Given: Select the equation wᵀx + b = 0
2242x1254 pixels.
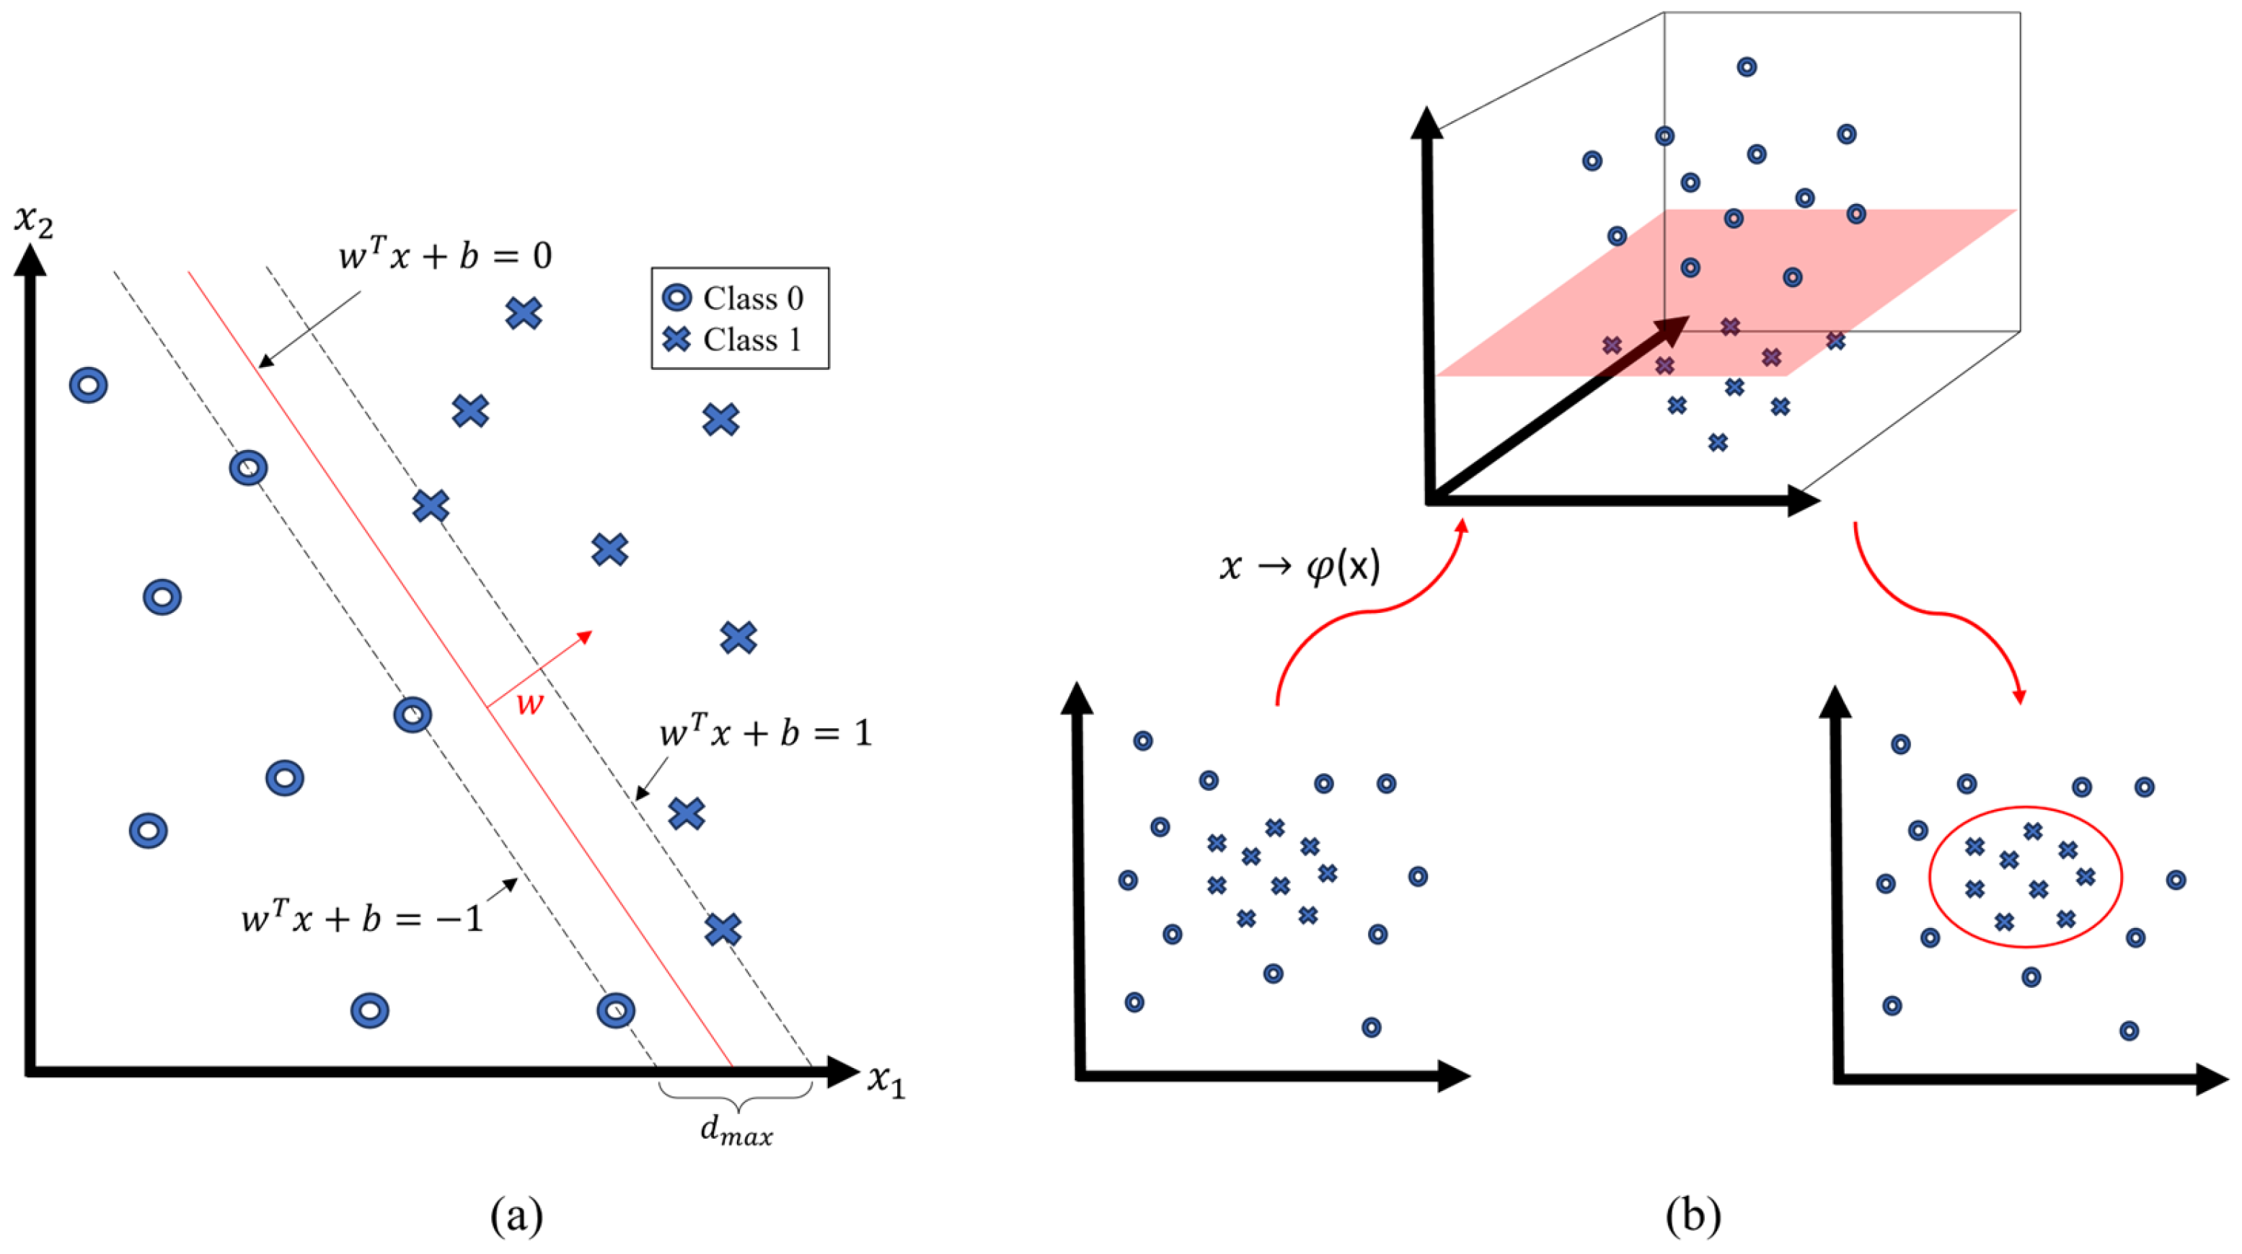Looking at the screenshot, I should click(445, 255).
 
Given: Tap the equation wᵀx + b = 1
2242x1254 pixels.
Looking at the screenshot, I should click(765, 733).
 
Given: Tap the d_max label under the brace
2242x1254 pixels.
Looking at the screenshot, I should click(736, 1133).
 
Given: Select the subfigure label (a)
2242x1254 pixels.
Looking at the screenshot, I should click(516, 1215).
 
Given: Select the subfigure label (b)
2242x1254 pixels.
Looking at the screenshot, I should click(1692, 1215).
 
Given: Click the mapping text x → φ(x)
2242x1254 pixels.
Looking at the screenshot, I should click(1299, 568).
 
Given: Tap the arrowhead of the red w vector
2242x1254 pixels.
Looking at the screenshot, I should click(585, 636).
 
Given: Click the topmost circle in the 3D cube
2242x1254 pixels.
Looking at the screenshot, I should click(1746, 67).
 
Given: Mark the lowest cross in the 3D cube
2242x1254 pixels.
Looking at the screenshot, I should click(1717, 443).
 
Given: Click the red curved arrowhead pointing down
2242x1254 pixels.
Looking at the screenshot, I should click(2019, 697).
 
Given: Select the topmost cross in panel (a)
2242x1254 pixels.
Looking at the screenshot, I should click(523, 313).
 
